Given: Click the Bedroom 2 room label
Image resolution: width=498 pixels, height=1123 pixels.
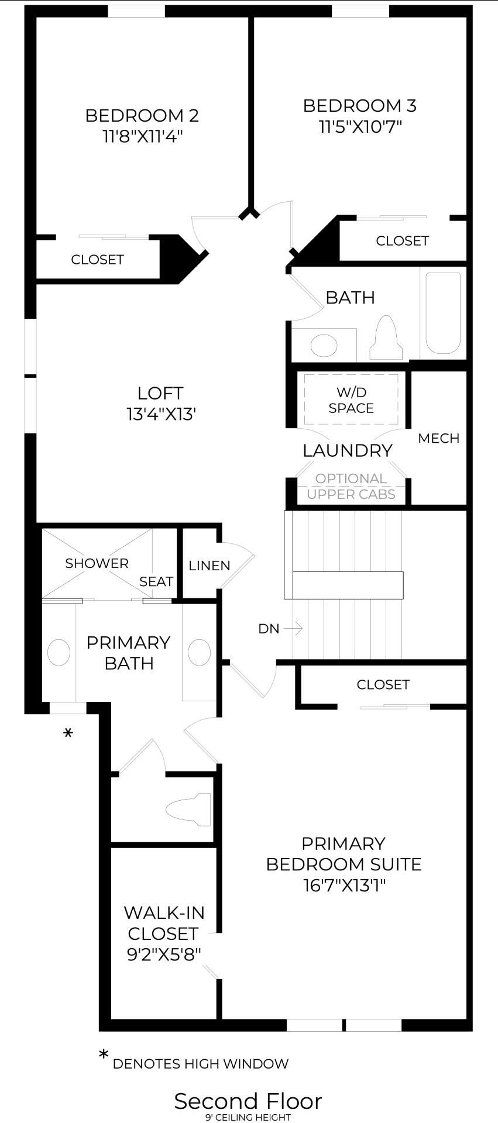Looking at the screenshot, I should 142,116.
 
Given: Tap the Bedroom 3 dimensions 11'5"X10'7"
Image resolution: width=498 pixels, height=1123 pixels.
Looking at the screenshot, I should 360,127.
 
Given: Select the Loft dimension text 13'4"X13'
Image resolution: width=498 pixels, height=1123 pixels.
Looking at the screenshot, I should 160,414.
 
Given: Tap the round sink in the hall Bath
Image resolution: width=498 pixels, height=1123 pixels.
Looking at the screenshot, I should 324,345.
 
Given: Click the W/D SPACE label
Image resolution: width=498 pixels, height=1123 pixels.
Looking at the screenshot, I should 351,400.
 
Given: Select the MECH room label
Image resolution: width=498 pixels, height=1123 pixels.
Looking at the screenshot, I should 438,438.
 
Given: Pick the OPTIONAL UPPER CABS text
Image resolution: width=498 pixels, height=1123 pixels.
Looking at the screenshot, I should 351,486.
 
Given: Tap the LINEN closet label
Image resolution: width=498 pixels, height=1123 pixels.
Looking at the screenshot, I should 209,566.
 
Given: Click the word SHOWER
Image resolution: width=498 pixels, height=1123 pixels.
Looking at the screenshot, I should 97,563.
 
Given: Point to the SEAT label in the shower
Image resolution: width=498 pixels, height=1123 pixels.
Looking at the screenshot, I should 156,581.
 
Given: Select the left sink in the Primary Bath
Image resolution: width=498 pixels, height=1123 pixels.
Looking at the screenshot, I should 59,652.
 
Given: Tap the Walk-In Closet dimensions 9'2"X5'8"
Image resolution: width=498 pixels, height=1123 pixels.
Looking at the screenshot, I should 164,954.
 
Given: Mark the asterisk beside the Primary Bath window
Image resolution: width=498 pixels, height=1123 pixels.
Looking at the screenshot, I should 68,733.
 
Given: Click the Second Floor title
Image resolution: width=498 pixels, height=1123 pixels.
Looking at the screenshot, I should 248,1101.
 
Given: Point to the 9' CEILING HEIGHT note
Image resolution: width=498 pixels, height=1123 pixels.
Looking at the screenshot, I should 248,1117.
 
